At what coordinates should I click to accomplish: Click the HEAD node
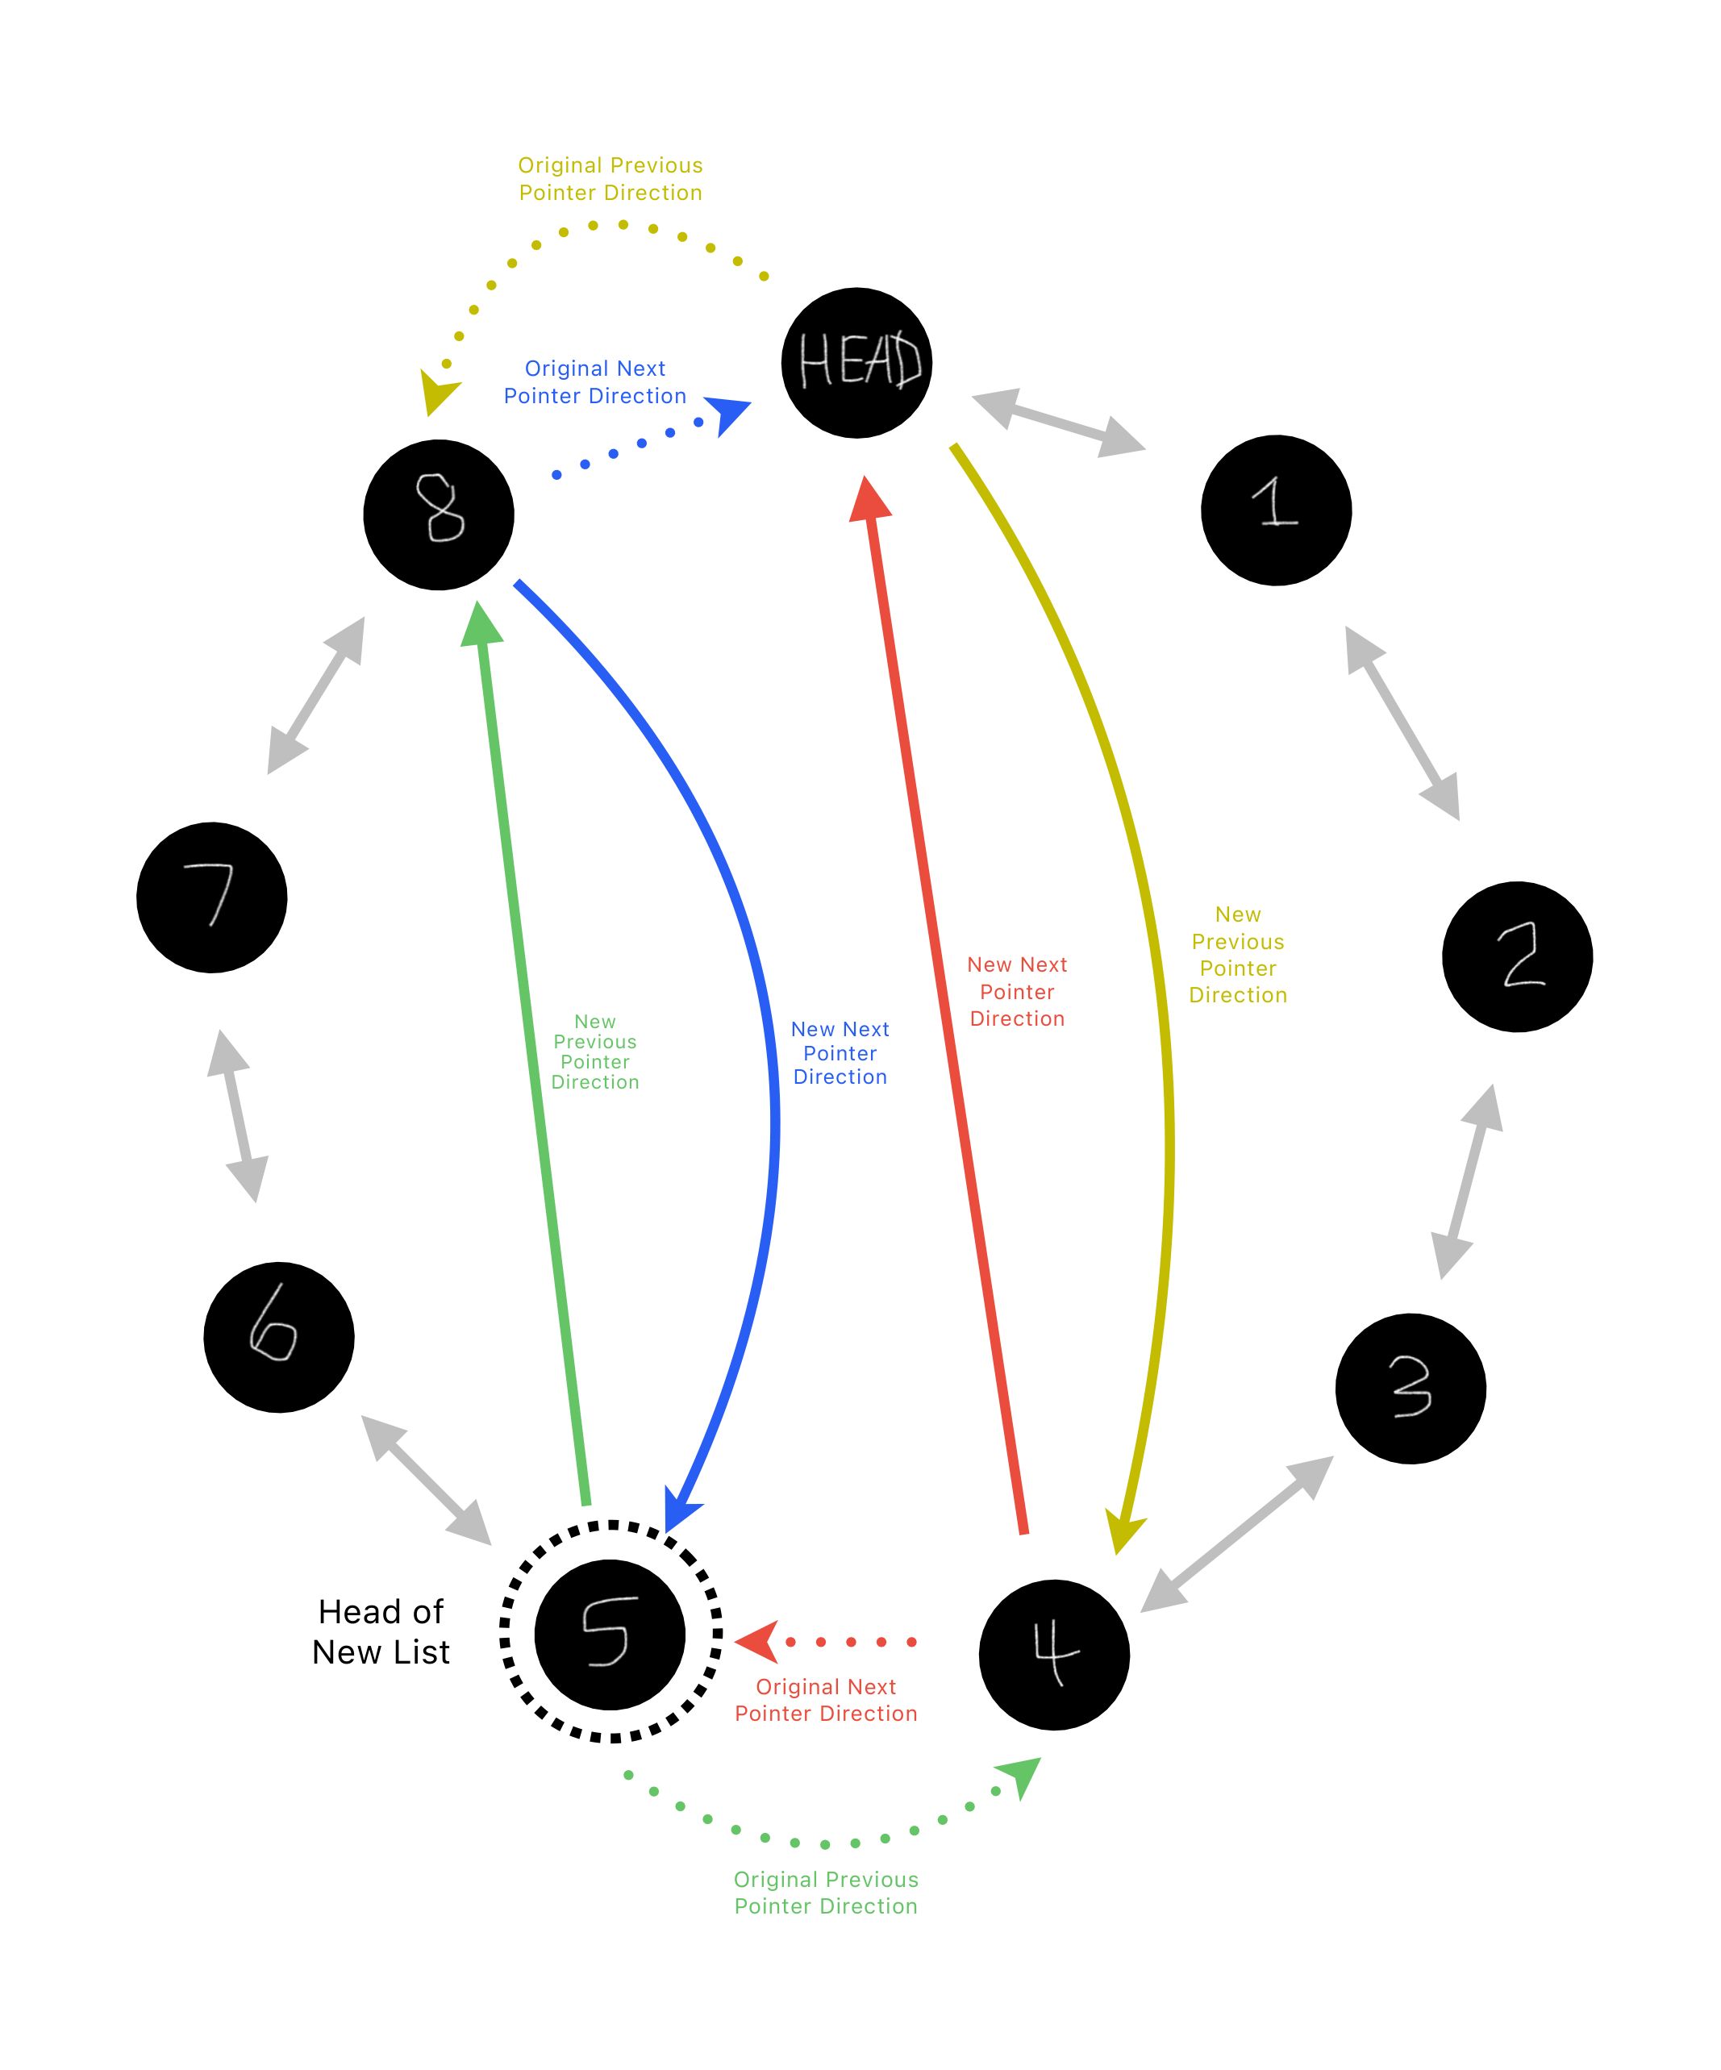coord(856,363)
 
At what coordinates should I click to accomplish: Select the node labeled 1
coord(1276,510)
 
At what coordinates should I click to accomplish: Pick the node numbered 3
coord(1410,1388)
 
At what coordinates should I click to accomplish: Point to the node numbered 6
coord(279,1337)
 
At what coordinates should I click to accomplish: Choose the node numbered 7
coord(212,897)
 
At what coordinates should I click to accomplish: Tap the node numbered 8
coord(439,514)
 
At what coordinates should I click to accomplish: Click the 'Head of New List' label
coord(381,1631)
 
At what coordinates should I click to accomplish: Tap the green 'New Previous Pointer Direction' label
coord(594,1051)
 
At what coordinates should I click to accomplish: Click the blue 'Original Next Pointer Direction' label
coord(594,381)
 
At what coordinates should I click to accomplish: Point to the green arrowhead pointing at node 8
coord(481,624)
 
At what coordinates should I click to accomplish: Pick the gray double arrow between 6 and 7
coord(238,1116)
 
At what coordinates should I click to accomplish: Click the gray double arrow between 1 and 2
coord(1402,723)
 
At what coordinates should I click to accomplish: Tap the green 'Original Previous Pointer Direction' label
coord(825,1892)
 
